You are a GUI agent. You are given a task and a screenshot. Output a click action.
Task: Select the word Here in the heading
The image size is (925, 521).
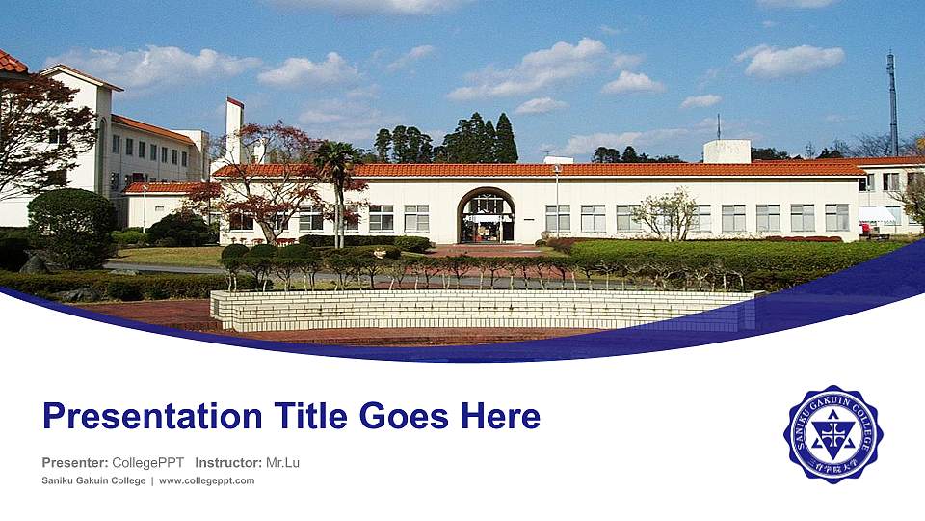coord(500,417)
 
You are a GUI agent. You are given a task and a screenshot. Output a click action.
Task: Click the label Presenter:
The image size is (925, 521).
coord(74,463)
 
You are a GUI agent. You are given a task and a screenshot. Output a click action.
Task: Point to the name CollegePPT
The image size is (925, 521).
coord(148,463)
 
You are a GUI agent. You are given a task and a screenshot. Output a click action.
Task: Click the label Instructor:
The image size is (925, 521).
coord(227,463)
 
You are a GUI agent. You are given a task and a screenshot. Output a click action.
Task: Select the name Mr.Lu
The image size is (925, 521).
coord(282,463)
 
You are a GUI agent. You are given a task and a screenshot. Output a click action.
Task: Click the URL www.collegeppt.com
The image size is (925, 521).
coord(206,480)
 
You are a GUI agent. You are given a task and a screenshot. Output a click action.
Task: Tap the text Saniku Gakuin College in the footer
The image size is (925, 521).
coord(92,480)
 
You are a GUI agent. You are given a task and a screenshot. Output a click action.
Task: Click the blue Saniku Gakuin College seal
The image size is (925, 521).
coord(832,434)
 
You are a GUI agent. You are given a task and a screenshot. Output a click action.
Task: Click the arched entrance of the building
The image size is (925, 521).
coord(486,216)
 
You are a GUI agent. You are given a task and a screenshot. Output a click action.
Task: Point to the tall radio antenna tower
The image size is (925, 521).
coord(892,101)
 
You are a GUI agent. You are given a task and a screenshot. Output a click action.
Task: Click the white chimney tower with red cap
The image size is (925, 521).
coord(234,130)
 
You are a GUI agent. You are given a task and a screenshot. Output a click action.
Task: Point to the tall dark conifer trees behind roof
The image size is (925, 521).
coord(477,141)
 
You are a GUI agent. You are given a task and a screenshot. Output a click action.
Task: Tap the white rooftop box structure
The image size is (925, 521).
coord(727,151)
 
